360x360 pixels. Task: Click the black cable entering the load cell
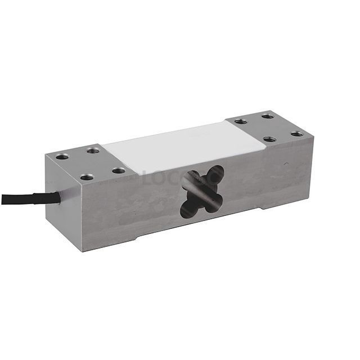pos(17,199)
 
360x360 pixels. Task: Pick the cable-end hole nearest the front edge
pos(87,177)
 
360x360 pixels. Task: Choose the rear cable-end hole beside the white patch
pos(93,150)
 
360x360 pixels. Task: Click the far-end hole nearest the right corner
pos(296,134)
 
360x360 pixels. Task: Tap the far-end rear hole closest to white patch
pos(241,121)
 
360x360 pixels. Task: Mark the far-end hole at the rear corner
pos(267,116)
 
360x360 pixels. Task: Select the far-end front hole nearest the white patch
pos(269,139)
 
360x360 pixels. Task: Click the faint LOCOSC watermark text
pos(169,179)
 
